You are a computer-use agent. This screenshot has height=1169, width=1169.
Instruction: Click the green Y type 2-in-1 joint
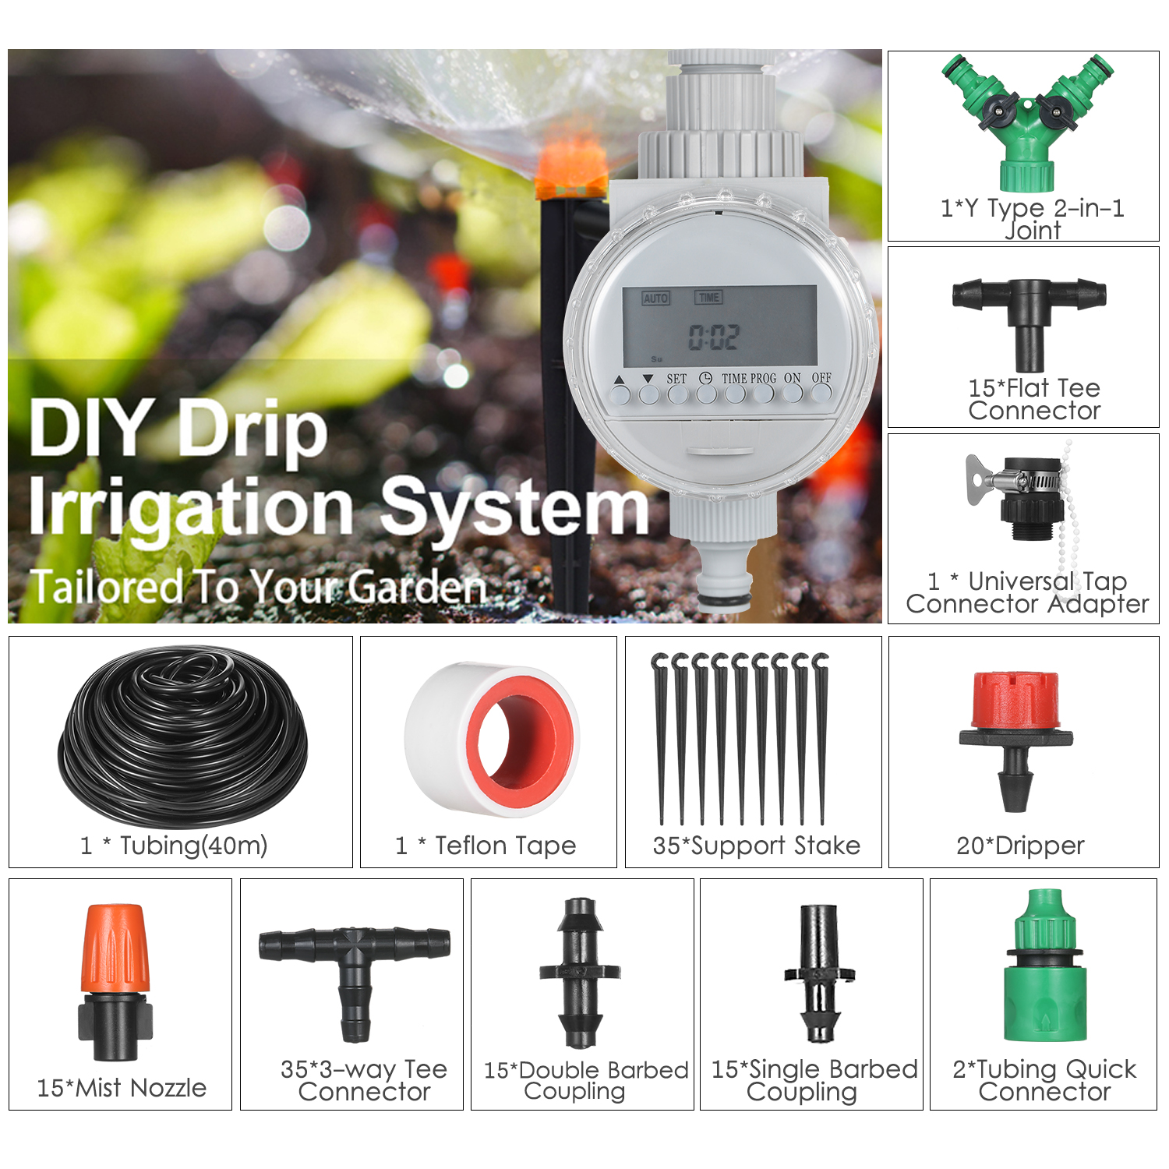pos(1027,125)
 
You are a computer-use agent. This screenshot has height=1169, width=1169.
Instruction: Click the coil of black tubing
pos(183,736)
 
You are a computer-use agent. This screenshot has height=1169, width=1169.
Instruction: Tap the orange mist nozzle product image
pos(115,982)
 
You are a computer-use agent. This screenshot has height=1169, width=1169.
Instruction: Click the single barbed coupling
pos(819,974)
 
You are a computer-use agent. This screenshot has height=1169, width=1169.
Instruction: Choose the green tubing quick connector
pos(1044,970)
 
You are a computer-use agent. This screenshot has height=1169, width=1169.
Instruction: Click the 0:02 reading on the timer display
pos(714,337)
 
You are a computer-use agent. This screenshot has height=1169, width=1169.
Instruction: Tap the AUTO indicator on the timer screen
pos(656,298)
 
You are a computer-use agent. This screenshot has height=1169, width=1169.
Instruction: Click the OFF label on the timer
pos(821,378)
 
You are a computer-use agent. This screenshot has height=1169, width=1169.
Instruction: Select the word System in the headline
pos(514,508)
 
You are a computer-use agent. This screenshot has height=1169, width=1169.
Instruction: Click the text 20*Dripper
pos(1020,846)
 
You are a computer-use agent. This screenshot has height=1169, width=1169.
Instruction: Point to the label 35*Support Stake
pos(756,846)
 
